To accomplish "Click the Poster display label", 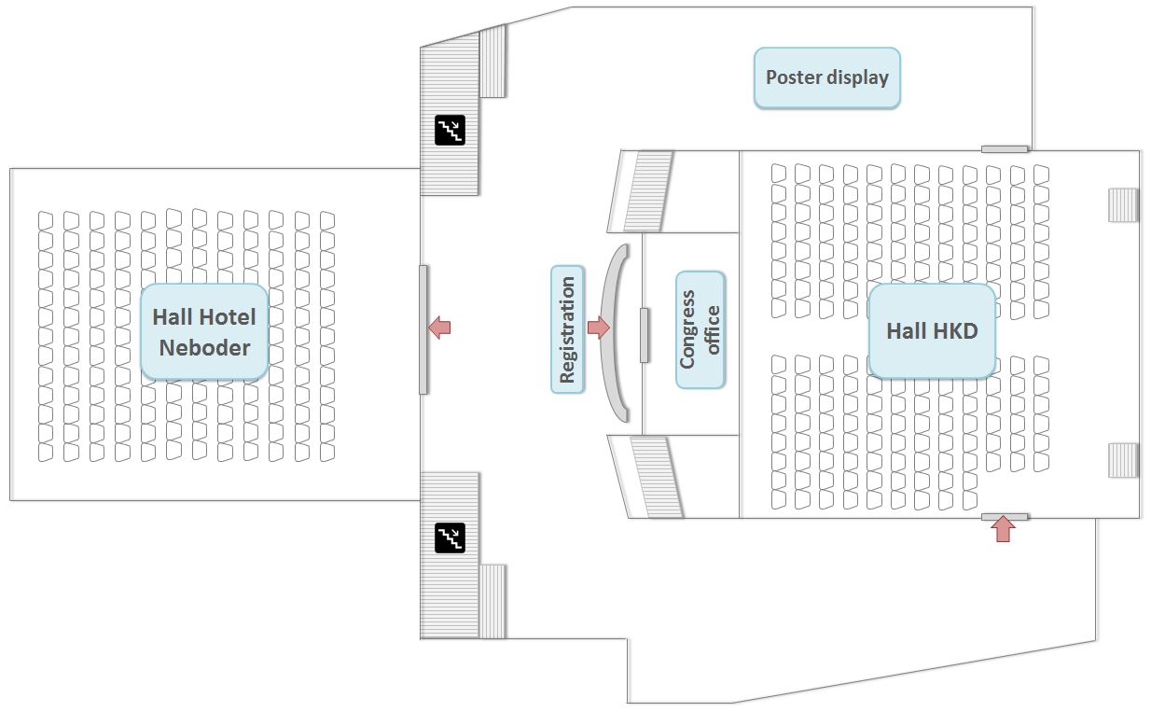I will point(826,77).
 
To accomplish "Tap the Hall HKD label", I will point(931,330).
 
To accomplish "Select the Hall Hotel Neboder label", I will point(204,332).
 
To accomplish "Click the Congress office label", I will point(700,329).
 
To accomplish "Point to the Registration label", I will point(567,328).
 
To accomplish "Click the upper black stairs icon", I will point(450,130).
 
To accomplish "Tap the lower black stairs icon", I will point(450,537).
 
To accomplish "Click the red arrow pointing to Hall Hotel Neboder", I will point(438,328).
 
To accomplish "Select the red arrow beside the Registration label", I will point(598,328).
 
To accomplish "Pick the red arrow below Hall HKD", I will point(1003,530).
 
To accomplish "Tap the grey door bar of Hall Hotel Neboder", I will point(423,328).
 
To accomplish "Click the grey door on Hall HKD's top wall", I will point(1005,148).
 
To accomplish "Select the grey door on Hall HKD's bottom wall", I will point(1005,516).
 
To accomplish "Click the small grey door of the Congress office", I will point(644,334).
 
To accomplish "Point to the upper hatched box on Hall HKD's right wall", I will point(1123,204).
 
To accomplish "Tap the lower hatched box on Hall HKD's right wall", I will point(1123,460).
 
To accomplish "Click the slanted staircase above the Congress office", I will point(646,191).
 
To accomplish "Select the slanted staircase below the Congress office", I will point(646,476).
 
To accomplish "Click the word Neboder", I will point(204,348).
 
